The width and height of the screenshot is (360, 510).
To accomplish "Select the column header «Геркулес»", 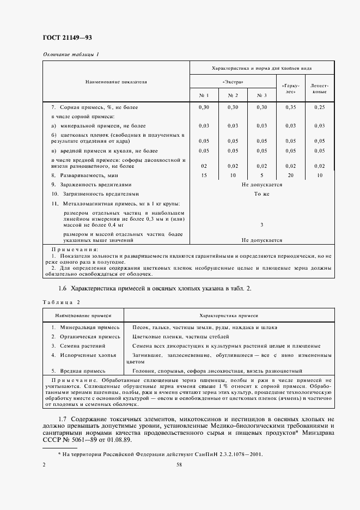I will click(x=290, y=89).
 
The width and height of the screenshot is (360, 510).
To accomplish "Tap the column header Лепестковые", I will click(x=319, y=89).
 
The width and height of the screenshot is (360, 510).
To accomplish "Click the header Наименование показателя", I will click(x=116, y=82).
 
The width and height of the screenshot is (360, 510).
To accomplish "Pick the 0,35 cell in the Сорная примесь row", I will click(x=290, y=107).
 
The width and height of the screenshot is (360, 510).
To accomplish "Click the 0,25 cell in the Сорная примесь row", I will click(x=319, y=107).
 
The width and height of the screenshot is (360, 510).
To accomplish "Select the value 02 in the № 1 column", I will click(x=204, y=166).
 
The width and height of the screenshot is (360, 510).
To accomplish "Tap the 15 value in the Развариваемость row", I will click(x=204, y=175).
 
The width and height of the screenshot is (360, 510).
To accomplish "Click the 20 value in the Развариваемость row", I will click(x=290, y=175).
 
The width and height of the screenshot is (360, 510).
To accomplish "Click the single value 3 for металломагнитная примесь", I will click(x=261, y=224).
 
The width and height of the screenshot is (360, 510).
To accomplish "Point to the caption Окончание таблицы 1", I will click(x=71, y=54).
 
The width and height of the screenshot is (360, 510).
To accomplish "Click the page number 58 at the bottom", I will click(x=179, y=464).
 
